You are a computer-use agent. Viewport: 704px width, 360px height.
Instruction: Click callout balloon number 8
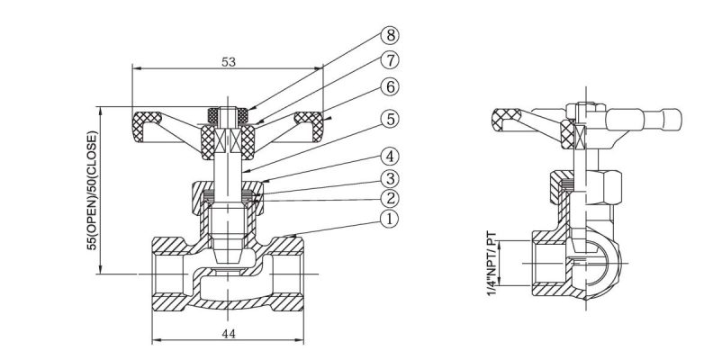[389, 37]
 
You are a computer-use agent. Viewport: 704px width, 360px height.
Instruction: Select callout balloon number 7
[389, 62]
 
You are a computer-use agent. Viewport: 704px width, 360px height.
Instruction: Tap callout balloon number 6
[389, 87]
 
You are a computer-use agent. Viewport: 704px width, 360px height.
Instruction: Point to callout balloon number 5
[389, 118]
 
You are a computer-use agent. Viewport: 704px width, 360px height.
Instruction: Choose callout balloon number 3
[389, 177]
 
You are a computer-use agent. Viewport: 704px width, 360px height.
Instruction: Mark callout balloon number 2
[389, 197]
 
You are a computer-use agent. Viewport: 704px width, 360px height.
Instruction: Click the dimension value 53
[228, 62]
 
